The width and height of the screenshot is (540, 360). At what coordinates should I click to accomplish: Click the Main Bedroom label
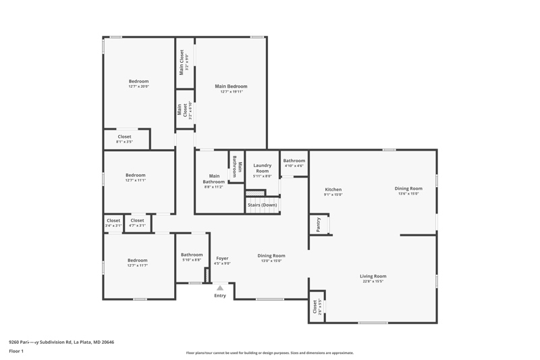231,86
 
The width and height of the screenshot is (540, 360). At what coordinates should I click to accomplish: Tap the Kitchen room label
333,190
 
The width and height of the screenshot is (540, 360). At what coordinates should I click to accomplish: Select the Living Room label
373,276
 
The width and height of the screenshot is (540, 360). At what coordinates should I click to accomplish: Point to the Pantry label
318,224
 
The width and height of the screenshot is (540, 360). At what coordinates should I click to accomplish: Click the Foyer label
222,258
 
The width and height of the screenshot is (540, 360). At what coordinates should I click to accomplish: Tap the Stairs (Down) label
262,205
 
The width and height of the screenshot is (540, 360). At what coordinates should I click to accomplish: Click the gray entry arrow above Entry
220,288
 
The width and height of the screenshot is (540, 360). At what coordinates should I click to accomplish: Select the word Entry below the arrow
220,296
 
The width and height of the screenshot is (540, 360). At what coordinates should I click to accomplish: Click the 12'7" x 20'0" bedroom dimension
138,86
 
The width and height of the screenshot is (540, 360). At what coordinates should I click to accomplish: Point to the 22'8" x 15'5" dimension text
373,282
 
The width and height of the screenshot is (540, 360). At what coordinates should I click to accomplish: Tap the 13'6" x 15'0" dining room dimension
408,194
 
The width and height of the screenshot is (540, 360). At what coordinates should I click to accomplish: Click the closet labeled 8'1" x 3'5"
124,139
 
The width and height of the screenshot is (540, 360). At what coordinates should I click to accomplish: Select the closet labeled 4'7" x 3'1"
137,223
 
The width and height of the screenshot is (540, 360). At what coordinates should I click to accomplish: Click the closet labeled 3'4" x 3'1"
113,223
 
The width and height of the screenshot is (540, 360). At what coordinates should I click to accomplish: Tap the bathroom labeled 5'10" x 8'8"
192,257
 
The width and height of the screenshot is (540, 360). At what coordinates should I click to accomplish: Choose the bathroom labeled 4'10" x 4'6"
294,163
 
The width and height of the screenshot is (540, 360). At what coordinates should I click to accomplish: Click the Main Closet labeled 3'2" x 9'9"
182,62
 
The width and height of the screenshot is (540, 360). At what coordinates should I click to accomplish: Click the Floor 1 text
16,351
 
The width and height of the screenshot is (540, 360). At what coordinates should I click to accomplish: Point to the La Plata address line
61,342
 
